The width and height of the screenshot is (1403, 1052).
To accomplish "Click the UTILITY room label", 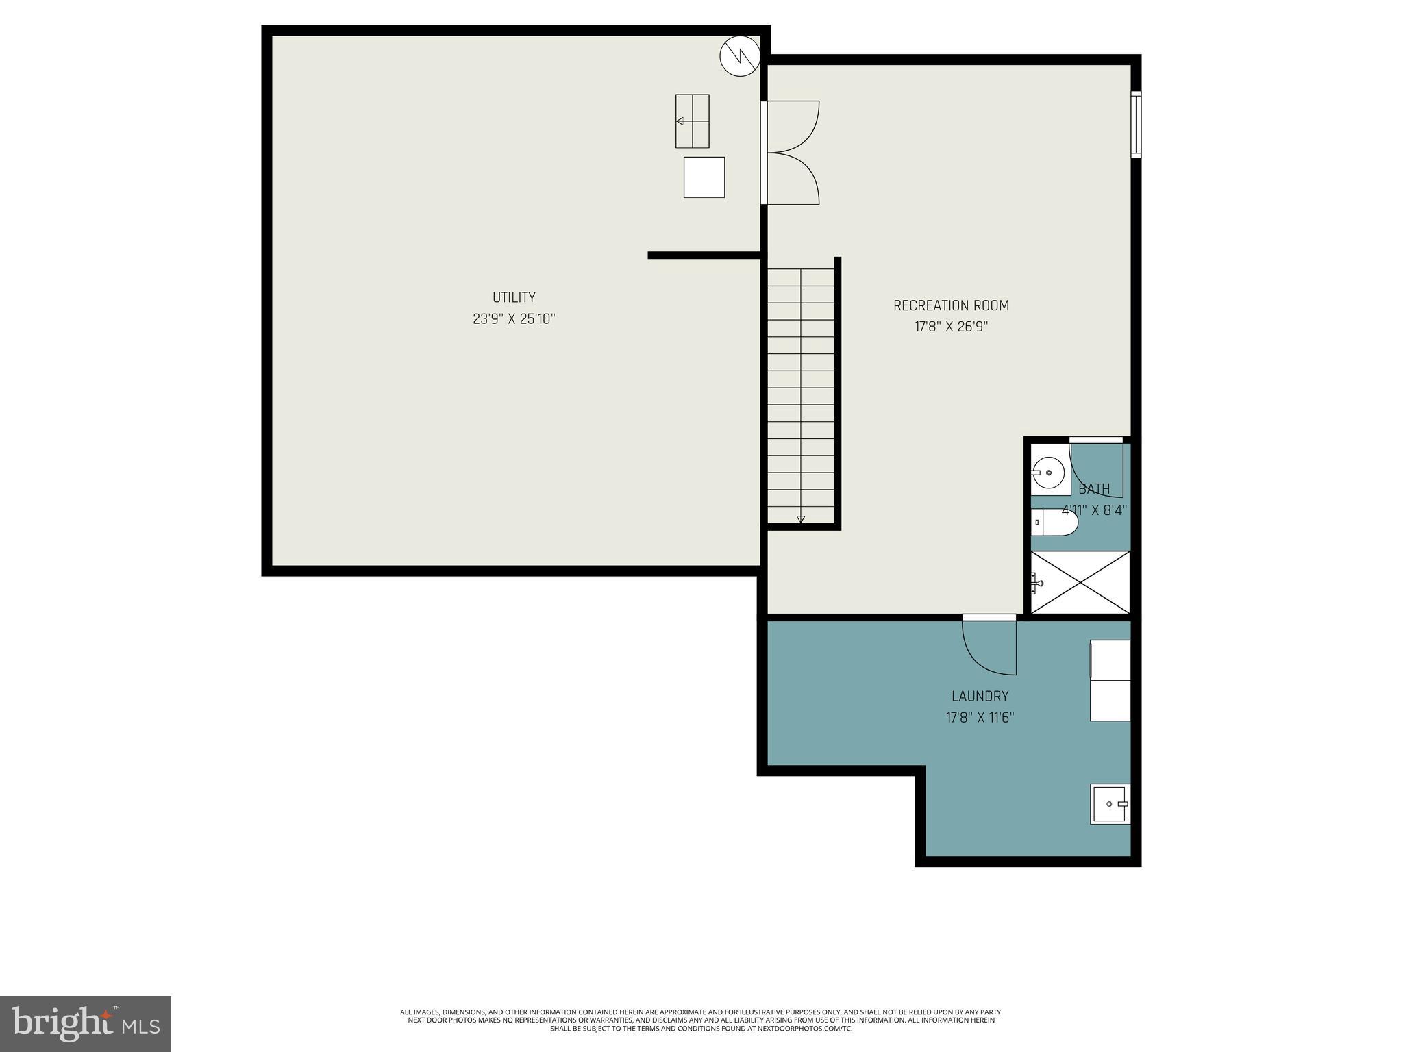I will [x=514, y=297].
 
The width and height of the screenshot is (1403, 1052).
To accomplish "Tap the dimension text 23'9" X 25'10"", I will [x=514, y=319].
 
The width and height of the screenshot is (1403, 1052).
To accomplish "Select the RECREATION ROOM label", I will [x=951, y=305].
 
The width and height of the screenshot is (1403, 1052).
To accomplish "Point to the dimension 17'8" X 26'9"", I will [x=951, y=327].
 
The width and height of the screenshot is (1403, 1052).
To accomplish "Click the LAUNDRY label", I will [x=980, y=697].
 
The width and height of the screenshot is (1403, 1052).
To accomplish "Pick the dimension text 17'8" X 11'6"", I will [x=980, y=718].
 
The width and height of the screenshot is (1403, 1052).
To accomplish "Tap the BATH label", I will [x=1094, y=489].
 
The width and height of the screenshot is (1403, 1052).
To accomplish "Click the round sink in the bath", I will [x=1048, y=473].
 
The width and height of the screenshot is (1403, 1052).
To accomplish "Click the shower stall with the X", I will [x=1081, y=583].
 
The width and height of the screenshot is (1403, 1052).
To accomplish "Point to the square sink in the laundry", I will [x=1110, y=804].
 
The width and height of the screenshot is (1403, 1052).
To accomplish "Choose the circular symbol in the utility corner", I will [x=740, y=55].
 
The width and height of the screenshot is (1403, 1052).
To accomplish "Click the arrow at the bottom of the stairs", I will [x=801, y=519].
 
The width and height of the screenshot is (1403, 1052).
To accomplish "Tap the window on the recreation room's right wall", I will [x=1135, y=125].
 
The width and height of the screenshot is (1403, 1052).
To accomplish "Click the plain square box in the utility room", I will [x=704, y=177].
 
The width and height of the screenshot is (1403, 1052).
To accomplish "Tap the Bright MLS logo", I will [x=86, y=1023].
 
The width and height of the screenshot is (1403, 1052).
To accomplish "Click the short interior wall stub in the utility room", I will [x=704, y=255].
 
